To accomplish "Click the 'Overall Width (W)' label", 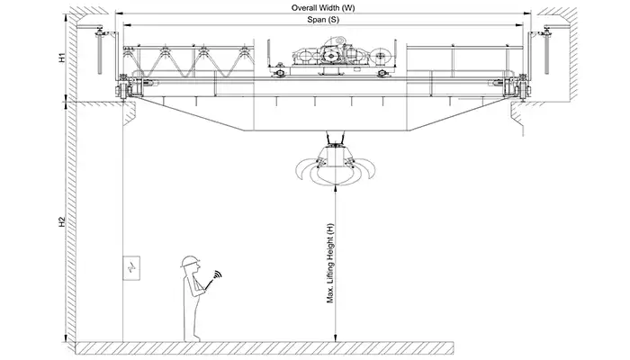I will pos(322,7).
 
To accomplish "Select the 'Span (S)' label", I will pos(322,19).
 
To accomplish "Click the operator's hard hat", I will pos(189,260).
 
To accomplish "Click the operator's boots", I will pos(192,337).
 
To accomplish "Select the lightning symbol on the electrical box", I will pos(131,268).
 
